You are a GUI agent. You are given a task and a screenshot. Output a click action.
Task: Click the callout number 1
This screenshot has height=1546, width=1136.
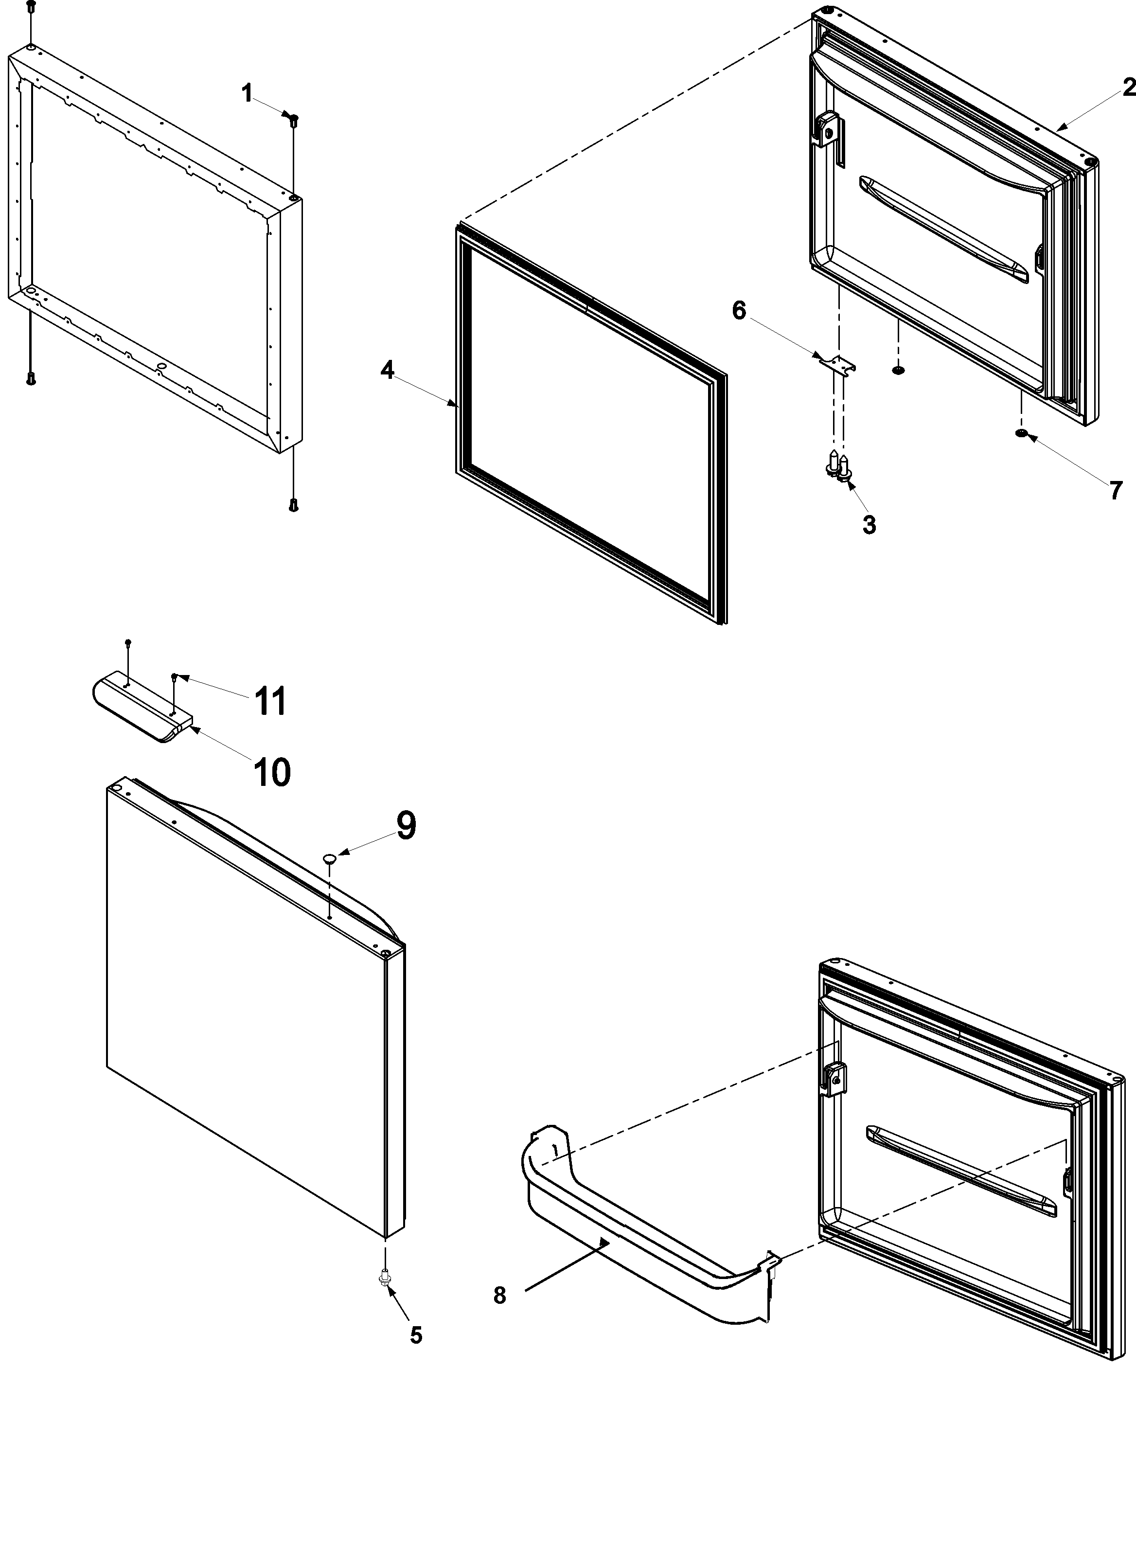tap(247, 93)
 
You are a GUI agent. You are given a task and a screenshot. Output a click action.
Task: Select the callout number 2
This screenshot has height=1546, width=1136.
tap(1128, 88)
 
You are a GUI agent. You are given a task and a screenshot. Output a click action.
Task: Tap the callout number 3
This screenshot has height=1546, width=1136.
tap(869, 525)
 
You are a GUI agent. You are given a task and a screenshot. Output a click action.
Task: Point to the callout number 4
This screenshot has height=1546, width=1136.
tap(387, 370)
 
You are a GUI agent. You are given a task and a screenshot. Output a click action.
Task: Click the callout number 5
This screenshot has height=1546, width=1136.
tap(416, 1335)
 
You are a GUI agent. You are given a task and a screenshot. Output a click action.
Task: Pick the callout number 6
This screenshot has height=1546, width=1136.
tap(739, 310)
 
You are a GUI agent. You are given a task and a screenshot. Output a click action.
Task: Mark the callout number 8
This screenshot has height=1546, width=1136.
tap(500, 1296)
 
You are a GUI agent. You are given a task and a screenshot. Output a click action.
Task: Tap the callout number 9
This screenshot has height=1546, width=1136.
tap(406, 825)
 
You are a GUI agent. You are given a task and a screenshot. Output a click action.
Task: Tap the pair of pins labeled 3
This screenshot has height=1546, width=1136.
tap(839, 464)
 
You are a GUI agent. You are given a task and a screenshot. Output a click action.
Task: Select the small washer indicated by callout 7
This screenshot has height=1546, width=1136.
tap(1021, 432)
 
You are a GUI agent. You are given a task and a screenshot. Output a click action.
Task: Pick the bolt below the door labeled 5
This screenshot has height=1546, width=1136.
tap(384, 1278)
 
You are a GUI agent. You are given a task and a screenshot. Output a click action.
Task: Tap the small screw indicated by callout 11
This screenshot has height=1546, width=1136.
tap(174, 677)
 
